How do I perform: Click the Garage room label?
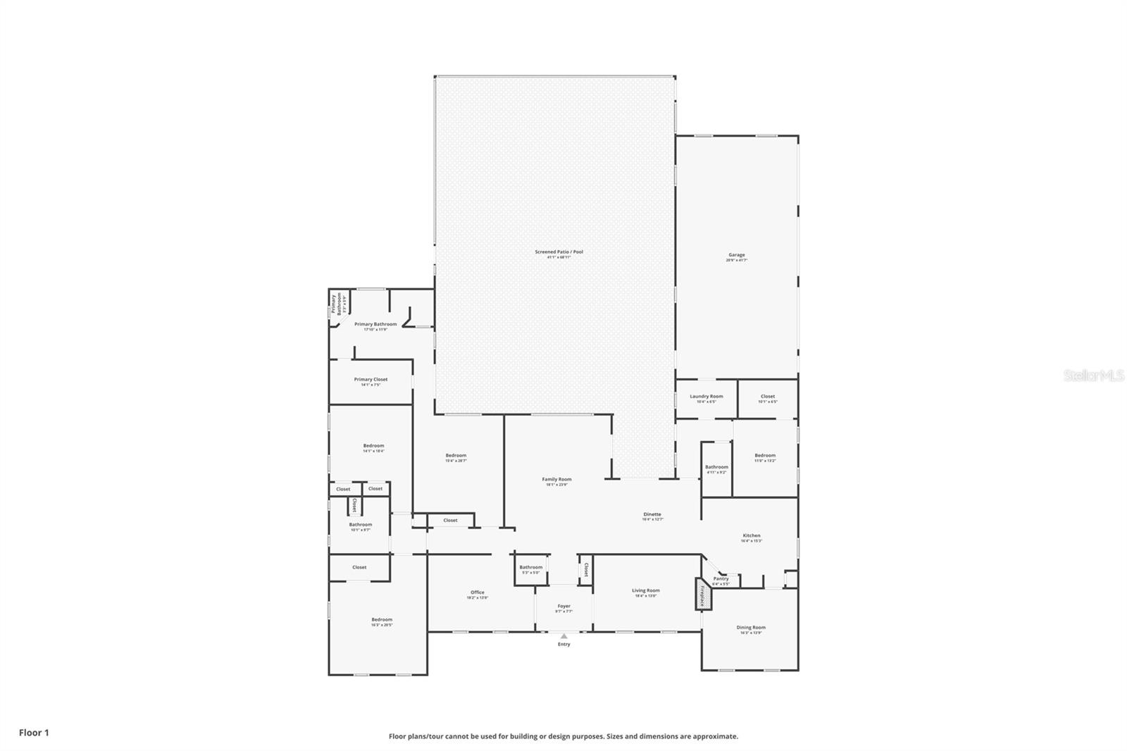736,255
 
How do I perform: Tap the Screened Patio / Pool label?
559,252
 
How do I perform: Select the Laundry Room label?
706,397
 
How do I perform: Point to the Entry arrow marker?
563,636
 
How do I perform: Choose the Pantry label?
721,579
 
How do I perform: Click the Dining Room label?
751,627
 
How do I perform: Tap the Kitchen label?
751,535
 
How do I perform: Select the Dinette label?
652,514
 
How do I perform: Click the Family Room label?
556,479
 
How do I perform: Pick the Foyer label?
563,606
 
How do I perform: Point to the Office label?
477,592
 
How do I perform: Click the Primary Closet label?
371,379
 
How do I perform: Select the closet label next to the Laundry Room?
767,397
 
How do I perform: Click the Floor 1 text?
34,733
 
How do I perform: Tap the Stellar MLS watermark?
1093,375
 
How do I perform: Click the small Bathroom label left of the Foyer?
530,567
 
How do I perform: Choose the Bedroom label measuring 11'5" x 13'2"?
765,456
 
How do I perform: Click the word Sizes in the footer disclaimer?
617,736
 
